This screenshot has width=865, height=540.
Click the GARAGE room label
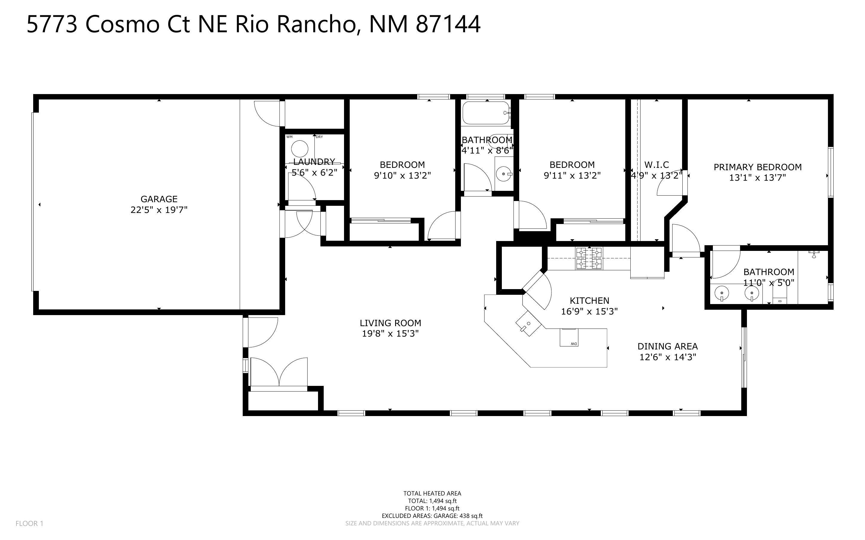(159, 199)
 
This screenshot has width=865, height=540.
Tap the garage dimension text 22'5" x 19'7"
(159, 210)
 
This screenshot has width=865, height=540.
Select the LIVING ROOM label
(391, 323)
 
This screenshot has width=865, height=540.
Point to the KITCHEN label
(589, 300)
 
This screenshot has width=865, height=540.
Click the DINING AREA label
(668, 346)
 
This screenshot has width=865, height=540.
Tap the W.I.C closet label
(657, 165)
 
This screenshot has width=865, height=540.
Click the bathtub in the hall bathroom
(487, 113)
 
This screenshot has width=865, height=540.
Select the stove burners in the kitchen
(589, 258)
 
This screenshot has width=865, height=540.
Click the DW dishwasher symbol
(569, 337)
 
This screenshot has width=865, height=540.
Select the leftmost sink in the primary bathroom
(722, 294)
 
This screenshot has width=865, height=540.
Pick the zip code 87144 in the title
(448, 24)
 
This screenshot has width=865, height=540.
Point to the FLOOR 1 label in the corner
(29, 524)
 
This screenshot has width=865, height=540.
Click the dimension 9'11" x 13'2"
(572, 175)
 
